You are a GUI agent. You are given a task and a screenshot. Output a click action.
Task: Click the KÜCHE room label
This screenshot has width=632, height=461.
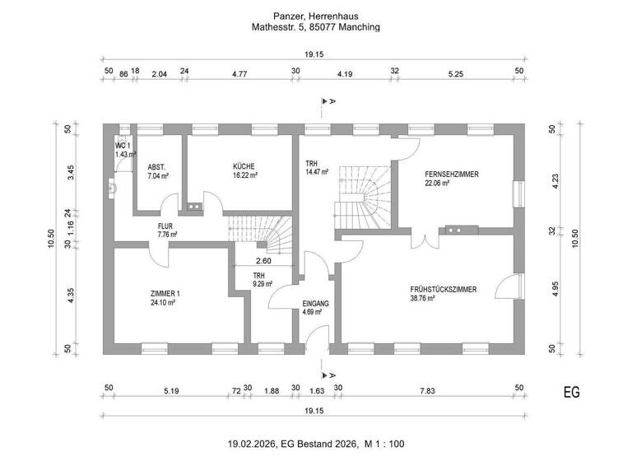point(244,165)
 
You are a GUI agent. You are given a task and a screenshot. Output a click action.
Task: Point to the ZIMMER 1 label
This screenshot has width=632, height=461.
point(165,293)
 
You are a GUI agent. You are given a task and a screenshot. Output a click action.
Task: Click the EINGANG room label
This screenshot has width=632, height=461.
point(315,303)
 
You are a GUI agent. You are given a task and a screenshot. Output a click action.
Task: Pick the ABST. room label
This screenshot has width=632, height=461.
point(157,166)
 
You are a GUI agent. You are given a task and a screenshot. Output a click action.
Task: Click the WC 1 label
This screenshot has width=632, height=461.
point(123,145)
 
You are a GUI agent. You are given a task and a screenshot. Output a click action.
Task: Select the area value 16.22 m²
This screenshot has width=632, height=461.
point(244,175)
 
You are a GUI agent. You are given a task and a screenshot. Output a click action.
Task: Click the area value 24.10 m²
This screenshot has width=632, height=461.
point(165,303)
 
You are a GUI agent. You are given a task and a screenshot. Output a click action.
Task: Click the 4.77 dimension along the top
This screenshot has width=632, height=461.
point(240,73)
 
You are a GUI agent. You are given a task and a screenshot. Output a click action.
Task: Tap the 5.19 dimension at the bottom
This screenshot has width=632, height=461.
point(171,391)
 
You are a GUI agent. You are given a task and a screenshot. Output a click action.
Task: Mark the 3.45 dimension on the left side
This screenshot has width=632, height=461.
point(72,173)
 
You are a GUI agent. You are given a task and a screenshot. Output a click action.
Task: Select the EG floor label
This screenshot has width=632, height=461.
point(571,392)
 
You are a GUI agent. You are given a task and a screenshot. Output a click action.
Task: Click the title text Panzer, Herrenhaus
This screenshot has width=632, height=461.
point(316,16)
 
